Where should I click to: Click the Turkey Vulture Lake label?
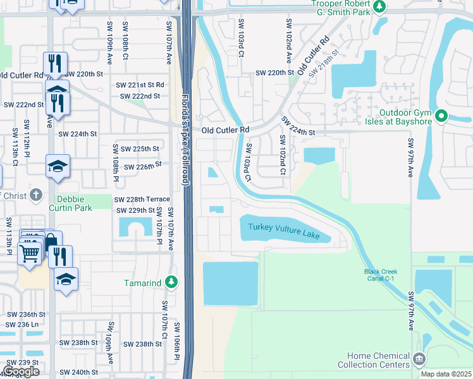pos(284,232)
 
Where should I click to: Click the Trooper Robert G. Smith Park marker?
pos(379,7)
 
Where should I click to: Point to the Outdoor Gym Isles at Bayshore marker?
pos(442,116)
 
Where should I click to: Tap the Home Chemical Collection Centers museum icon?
pos(419,360)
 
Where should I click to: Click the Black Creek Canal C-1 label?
pos(381,275)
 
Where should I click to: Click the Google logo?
pos(21,371)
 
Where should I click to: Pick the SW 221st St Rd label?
pos(140,85)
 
